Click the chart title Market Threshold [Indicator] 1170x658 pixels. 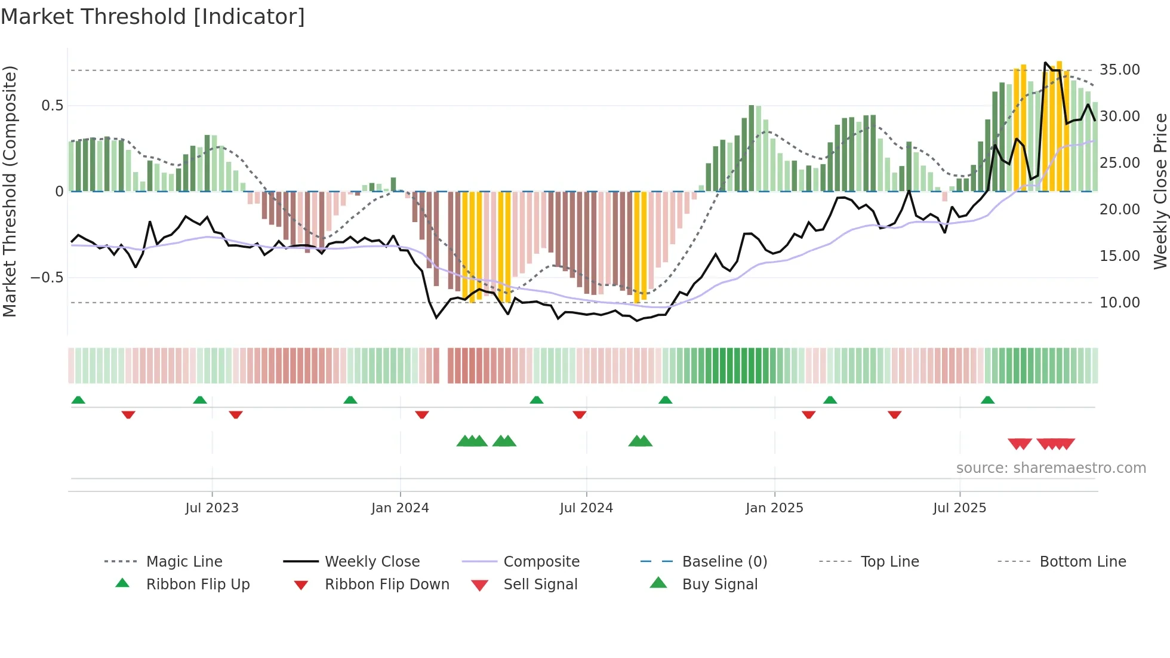tap(153, 17)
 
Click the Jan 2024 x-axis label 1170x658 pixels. tap(400, 508)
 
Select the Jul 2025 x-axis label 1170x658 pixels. tap(959, 508)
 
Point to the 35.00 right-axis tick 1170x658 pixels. tap(1119, 70)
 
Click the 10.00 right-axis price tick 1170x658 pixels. tap(1119, 303)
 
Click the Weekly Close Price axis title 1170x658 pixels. tap(1160, 191)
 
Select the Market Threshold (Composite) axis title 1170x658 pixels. tap(10, 191)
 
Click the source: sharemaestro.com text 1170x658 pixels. tap(1051, 468)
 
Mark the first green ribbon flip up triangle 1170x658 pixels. tap(78, 400)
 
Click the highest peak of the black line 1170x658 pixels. tap(1046, 63)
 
